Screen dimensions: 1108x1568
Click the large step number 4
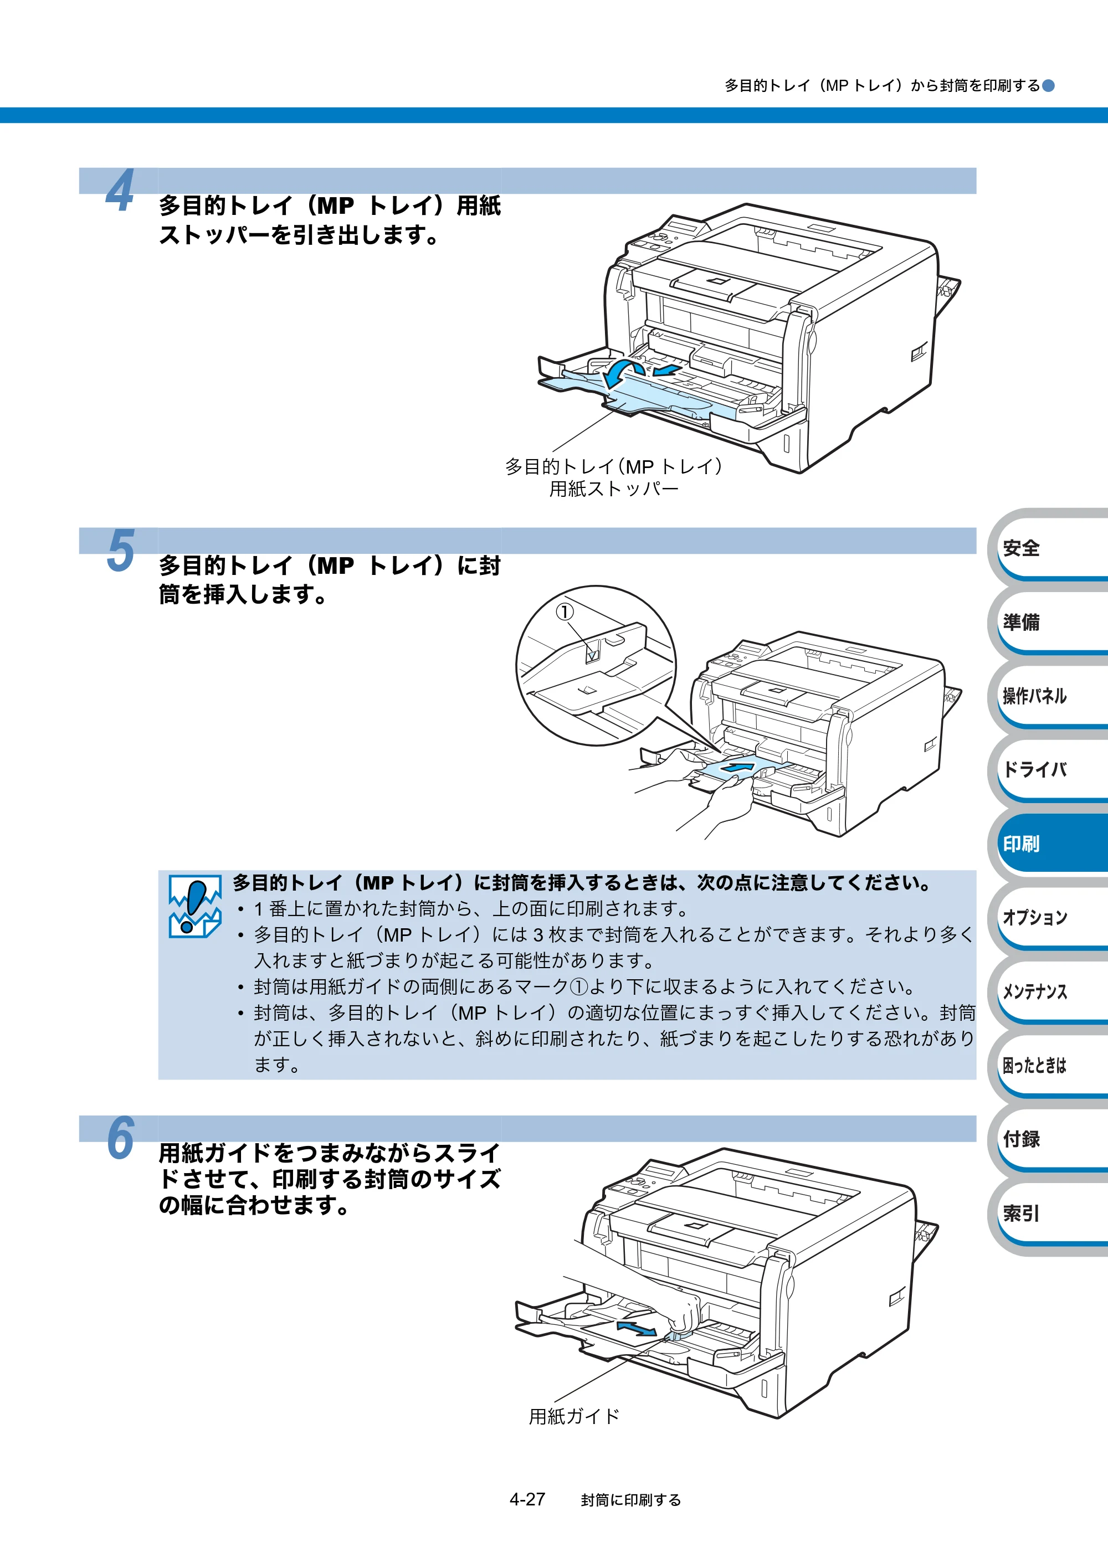[120, 191]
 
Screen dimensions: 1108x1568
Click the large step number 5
[121, 550]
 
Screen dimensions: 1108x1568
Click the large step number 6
[121, 1138]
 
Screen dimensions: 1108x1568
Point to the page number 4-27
[527, 1499]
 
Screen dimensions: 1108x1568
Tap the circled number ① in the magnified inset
[564, 611]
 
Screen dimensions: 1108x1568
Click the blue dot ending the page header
[1049, 85]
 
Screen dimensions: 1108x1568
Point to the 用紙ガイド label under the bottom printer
[574, 1416]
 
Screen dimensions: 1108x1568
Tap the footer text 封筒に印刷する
[630, 1500]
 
